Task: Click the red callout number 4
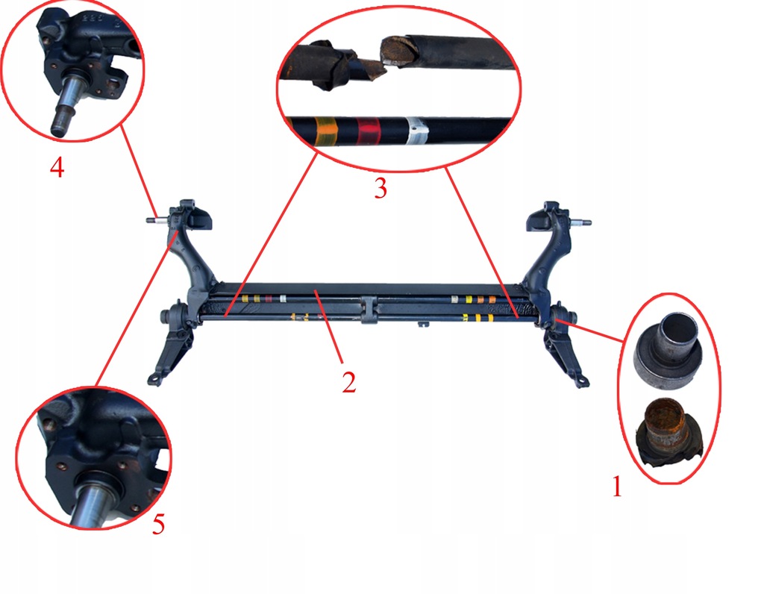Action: tap(57, 168)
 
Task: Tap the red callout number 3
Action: tap(381, 188)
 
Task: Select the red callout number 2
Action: tap(349, 383)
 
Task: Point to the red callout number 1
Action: tap(617, 487)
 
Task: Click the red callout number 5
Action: tap(158, 525)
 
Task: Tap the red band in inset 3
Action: tap(369, 131)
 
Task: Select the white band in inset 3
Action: tap(416, 131)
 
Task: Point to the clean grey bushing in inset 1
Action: tap(668, 351)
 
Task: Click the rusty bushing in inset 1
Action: tap(670, 434)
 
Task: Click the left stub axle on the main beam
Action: tap(157, 220)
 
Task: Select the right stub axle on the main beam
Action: tap(580, 222)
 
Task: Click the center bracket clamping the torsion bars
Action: tap(369, 309)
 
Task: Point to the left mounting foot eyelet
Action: tap(155, 379)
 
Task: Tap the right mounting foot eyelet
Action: tap(582, 381)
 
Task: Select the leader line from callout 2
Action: tap(330, 327)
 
